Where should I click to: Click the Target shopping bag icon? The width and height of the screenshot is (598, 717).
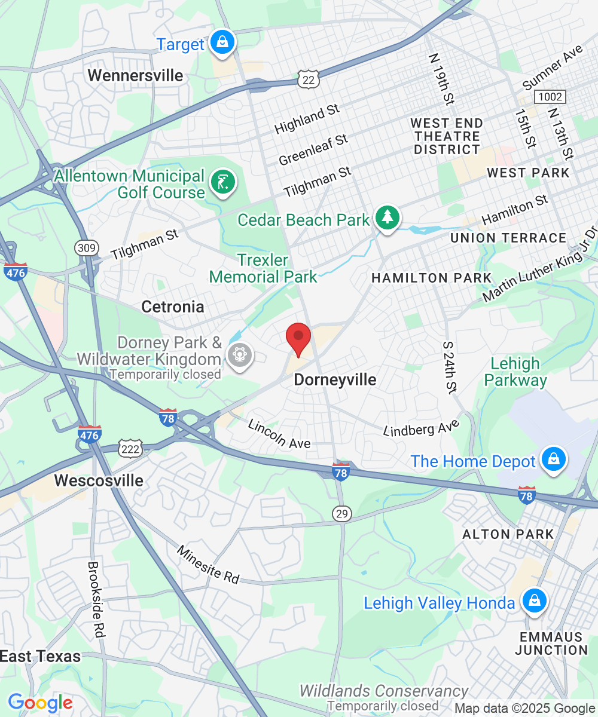click(222, 42)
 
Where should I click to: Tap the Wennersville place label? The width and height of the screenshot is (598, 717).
click(135, 75)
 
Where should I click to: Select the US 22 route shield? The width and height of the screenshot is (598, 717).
click(309, 78)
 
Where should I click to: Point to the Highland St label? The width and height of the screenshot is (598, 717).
click(307, 119)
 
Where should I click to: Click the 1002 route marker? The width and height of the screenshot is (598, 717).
click(550, 96)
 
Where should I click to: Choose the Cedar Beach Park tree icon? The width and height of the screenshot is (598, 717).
click(388, 217)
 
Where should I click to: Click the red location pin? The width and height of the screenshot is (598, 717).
click(298, 339)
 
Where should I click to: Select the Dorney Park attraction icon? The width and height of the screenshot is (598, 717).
click(240, 357)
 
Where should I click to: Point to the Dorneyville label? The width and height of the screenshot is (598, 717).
click(335, 379)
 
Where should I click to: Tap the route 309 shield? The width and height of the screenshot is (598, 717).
click(85, 247)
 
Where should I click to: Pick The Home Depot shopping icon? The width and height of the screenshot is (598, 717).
click(553, 460)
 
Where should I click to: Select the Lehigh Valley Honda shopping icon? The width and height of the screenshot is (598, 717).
click(533, 602)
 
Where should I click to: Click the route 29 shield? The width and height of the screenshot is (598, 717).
click(343, 513)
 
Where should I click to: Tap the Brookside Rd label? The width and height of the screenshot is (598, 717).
click(96, 599)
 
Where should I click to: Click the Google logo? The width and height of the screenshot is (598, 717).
click(40, 703)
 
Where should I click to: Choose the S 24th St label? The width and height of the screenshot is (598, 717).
click(450, 367)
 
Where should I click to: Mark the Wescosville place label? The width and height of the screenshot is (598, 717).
click(99, 480)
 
